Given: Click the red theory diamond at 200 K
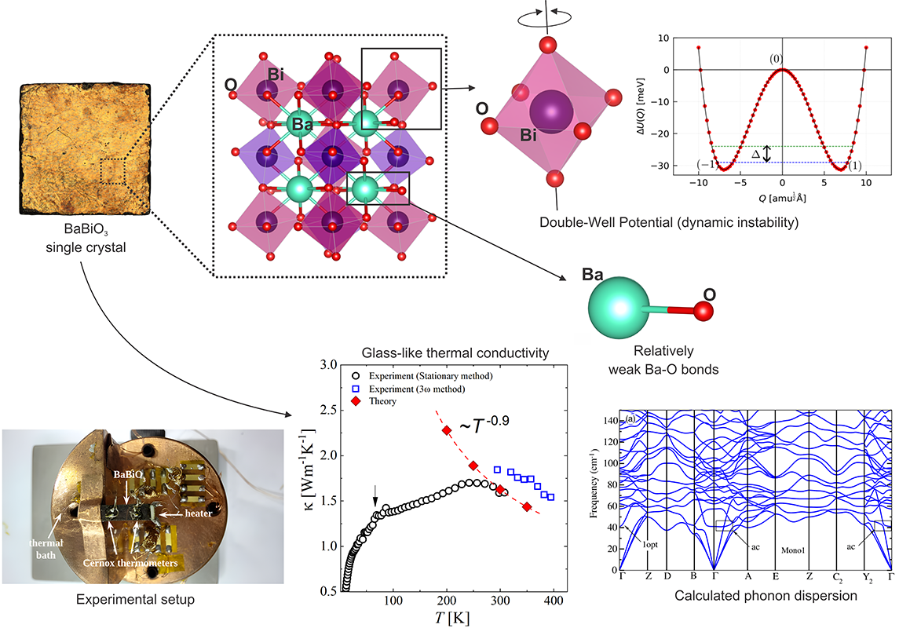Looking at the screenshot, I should click(447, 430).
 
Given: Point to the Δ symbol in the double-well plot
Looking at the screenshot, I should click(756, 154).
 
